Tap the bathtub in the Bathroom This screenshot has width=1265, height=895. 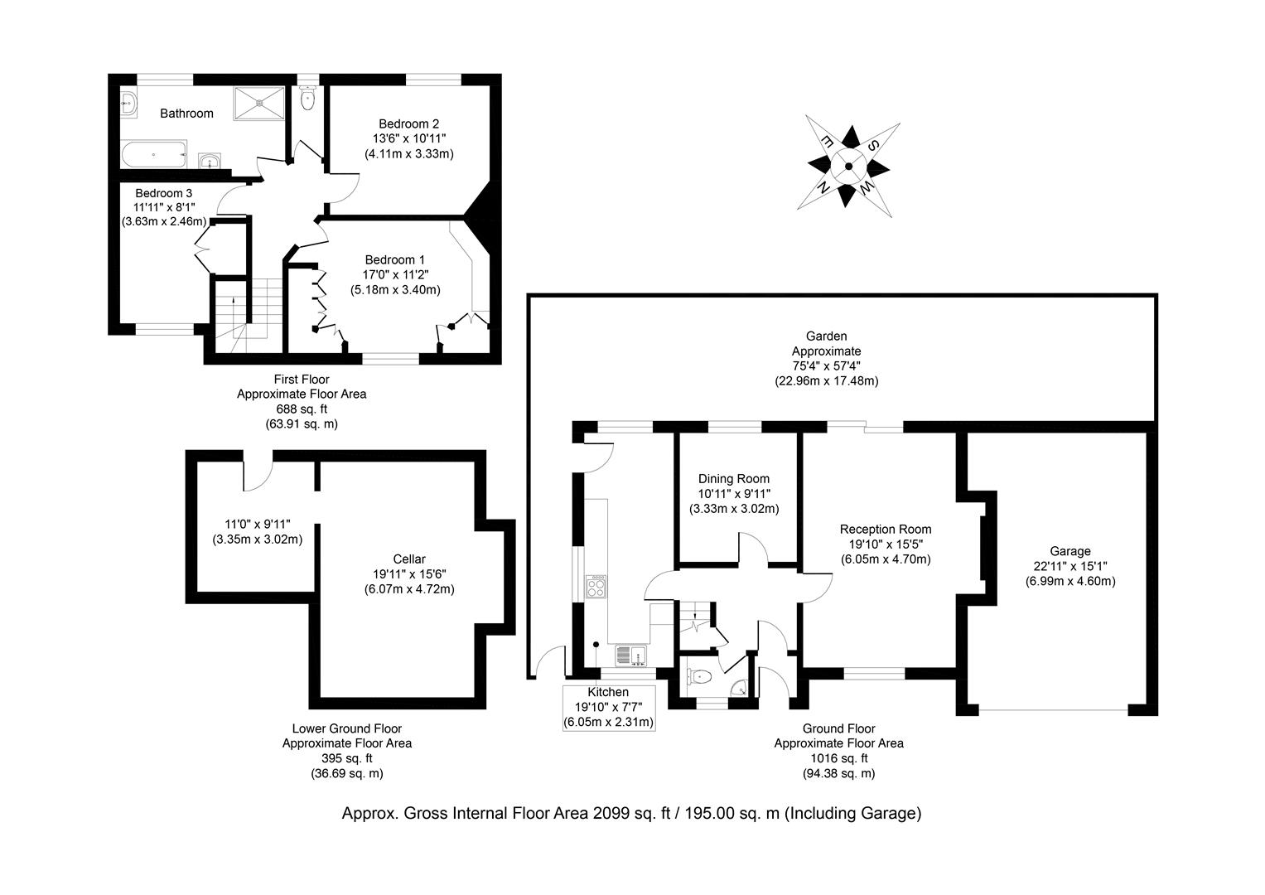(x=154, y=154)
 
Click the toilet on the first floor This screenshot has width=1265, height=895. (x=308, y=99)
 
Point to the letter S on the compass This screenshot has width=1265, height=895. (x=873, y=144)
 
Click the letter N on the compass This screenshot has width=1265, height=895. (x=823, y=188)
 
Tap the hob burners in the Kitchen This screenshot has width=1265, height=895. (x=596, y=587)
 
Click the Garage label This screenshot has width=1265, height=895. (x=1070, y=551)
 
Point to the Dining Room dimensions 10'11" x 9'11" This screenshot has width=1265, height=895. (x=733, y=494)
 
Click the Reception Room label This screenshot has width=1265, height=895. (x=885, y=530)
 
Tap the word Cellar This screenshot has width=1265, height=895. (x=409, y=559)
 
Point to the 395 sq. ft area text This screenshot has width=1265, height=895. (x=346, y=758)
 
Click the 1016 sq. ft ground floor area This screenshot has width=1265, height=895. (x=838, y=758)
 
